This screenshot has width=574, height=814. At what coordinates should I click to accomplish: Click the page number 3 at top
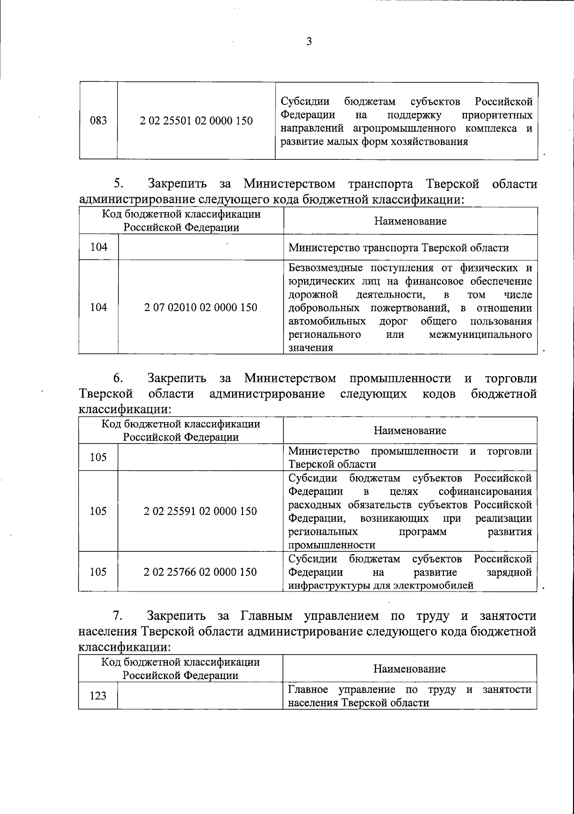tap(309, 42)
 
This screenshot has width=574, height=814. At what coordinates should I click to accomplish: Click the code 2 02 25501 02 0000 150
tap(196, 121)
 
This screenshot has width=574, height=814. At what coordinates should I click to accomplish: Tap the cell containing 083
tap(98, 121)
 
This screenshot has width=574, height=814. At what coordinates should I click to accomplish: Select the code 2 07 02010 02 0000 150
tap(200, 307)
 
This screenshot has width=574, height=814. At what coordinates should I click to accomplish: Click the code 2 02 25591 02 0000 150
tap(200, 511)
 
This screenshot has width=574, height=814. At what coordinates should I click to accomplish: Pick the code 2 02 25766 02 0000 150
tap(200, 572)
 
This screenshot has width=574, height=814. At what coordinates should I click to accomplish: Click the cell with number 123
tap(98, 696)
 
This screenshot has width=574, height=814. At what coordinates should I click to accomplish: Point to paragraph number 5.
tap(119, 184)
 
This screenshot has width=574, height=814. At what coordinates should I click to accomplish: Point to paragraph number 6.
tap(119, 379)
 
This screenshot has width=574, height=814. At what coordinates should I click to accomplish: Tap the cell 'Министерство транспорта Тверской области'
tap(398, 247)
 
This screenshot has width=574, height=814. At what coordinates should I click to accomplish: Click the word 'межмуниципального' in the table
tap(480, 334)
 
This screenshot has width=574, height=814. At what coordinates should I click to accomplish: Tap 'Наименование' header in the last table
tap(409, 669)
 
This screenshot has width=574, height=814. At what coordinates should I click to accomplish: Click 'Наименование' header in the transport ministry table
tap(410, 221)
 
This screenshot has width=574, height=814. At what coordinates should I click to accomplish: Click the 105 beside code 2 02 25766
tap(98, 572)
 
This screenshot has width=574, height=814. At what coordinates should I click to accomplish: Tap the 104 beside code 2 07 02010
tap(98, 307)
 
